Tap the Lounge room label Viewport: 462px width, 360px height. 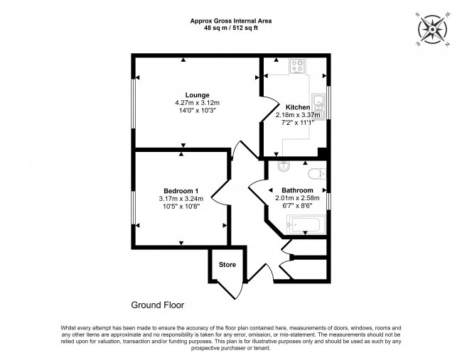pyautogui.click(x=197, y=94)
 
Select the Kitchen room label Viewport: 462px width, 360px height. pyautogui.click(x=298, y=107)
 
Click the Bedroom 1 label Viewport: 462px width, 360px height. pyautogui.click(x=181, y=190)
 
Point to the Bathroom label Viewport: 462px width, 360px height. pyautogui.click(x=297, y=190)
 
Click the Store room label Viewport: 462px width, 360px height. pyautogui.click(x=227, y=265)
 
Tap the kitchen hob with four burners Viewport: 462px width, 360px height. pyautogui.click(x=297, y=68)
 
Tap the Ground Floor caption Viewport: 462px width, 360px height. pyautogui.click(x=157, y=305)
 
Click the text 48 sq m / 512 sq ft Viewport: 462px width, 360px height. pyautogui.click(x=230, y=28)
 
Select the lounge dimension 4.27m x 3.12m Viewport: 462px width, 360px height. pyautogui.click(x=197, y=102)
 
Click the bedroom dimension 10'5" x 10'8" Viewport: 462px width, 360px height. pyautogui.click(x=181, y=207)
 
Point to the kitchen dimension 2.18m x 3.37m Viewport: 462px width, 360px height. pyautogui.click(x=298, y=115)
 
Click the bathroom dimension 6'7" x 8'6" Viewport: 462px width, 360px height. pyautogui.click(x=297, y=206)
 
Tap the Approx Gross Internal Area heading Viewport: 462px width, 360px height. pyautogui.click(x=230, y=21)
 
